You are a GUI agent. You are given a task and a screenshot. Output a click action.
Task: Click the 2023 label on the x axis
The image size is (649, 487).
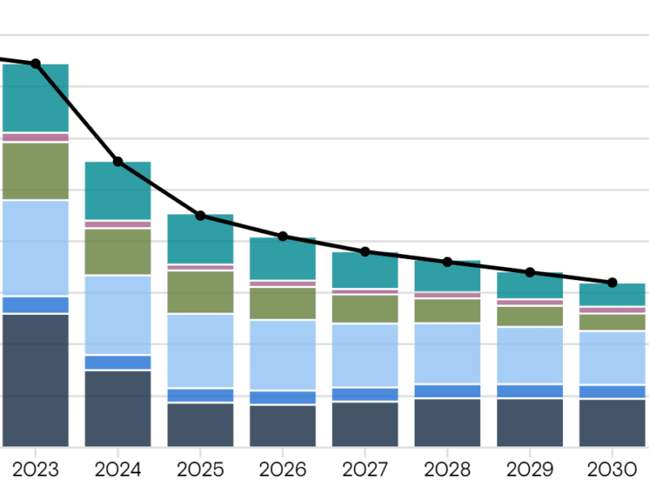[35, 469]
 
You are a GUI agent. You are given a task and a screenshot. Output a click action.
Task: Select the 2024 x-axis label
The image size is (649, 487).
[118, 469]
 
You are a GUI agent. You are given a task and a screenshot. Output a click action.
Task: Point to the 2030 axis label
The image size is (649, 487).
[612, 469]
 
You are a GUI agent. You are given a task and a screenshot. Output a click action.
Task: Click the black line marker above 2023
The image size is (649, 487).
[36, 63]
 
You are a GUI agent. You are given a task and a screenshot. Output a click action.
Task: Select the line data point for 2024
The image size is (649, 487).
[118, 162]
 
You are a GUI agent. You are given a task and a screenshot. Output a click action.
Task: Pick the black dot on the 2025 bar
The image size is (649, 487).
[200, 215]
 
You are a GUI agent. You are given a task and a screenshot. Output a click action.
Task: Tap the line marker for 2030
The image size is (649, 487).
[612, 282]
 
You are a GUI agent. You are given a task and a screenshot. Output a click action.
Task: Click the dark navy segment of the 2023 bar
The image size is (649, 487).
[36, 380]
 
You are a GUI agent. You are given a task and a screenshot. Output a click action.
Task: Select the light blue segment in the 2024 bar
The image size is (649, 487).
[118, 315]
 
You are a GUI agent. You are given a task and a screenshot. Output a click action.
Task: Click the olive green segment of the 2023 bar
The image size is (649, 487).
[36, 170]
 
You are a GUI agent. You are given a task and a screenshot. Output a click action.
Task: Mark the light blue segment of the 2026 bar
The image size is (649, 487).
[282, 355]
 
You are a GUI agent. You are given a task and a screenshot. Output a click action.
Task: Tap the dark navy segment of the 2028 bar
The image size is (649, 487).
[447, 422]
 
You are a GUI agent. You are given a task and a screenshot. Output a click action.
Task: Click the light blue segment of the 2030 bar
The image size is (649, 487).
[612, 358]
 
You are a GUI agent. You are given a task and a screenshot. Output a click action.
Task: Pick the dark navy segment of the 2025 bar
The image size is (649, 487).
[200, 425]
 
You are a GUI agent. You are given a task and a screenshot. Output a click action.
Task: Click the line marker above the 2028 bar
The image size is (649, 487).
[447, 262]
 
